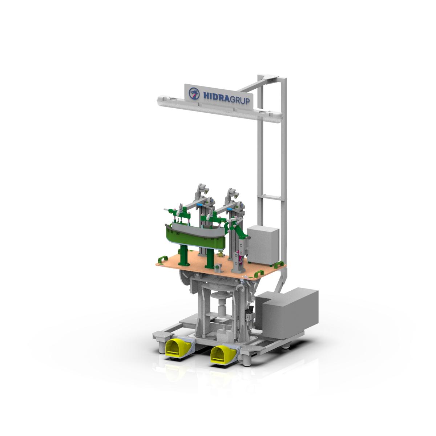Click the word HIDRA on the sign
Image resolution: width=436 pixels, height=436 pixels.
coord(217,96)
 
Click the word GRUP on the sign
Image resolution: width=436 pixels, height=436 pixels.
coord(240,100)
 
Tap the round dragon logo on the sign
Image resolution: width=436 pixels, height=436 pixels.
coord(194,93)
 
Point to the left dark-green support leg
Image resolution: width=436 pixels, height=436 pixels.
coord(183,256)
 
